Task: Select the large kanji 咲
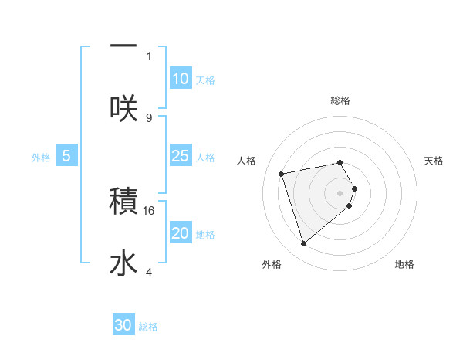[x=123, y=109]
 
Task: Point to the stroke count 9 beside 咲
[x=149, y=117]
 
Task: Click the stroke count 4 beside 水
[x=149, y=272]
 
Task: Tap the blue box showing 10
[x=180, y=79]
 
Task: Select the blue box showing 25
[x=180, y=156]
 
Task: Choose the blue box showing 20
[x=180, y=233]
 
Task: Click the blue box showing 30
[x=123, y=326]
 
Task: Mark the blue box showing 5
[x=66, y=156]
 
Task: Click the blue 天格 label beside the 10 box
[x=205, y=80]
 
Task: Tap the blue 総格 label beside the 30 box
[x=148, y=327]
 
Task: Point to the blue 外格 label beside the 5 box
[x=41, y=158]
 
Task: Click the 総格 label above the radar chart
[x=340, y=100]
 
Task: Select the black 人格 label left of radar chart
[x=247, y=161]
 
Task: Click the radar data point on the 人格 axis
[x=282, y=173]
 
